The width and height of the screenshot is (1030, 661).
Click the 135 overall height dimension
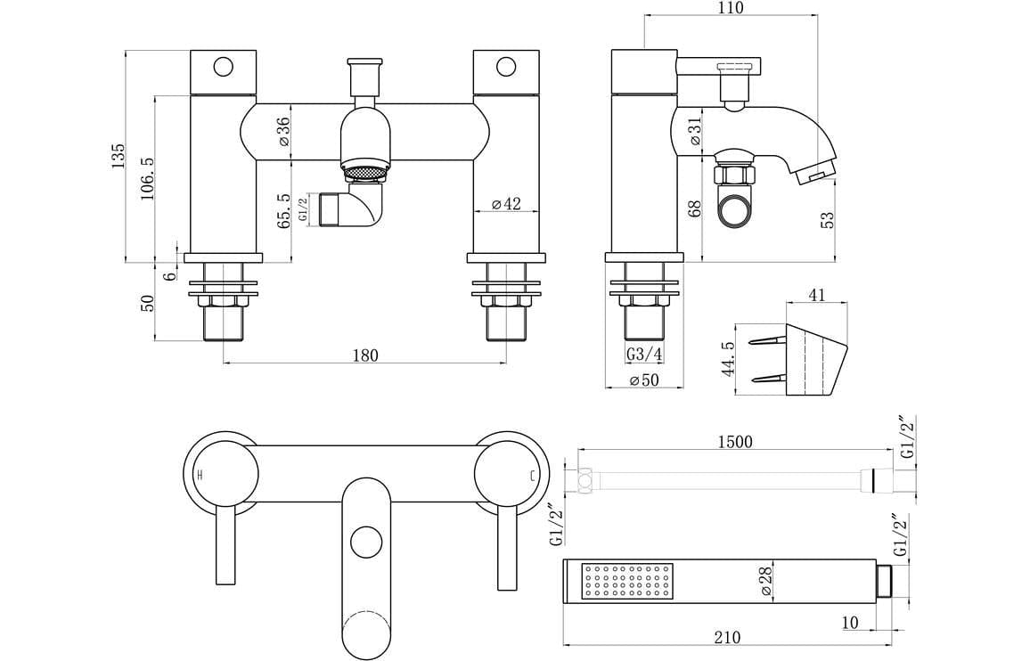118,156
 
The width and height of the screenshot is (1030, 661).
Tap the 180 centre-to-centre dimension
364,355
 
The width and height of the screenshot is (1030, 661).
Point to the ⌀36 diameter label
283,131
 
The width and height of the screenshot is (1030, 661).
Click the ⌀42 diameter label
505,204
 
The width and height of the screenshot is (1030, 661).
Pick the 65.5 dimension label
283,212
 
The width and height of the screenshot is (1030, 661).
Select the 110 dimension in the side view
729,8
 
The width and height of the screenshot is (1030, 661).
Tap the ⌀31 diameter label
696,133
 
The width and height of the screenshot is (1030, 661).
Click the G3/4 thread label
644,355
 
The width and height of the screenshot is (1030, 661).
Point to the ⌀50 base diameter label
644,380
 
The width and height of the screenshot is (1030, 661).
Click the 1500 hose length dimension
734,442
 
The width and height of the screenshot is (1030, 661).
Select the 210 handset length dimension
727,637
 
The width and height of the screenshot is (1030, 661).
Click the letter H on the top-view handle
200,476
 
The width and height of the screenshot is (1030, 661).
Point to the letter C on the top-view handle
533,476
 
